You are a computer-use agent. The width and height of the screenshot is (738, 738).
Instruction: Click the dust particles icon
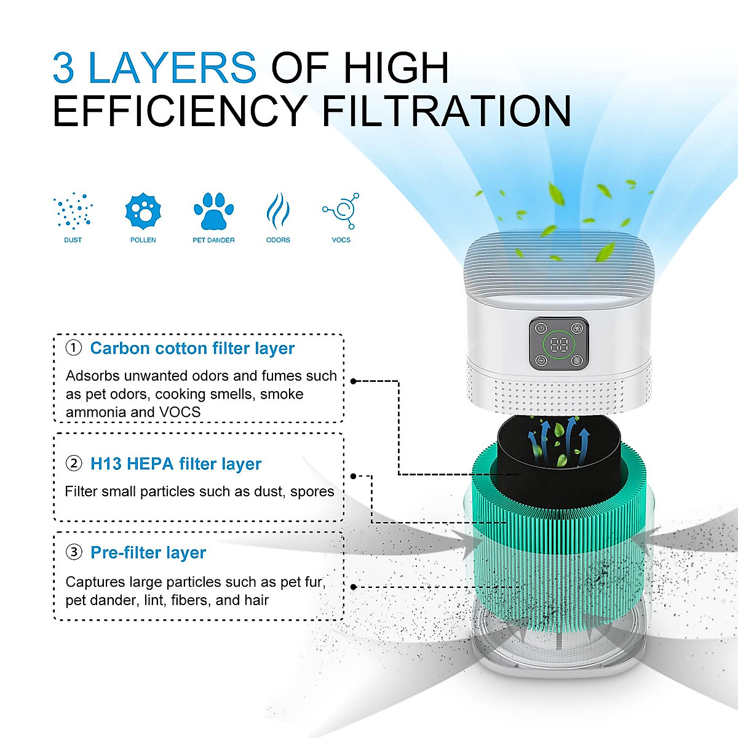[x=73, y=211]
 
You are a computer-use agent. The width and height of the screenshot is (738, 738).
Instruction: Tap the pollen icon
[x=143, y=211]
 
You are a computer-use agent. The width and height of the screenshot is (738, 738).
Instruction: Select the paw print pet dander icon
[x=213, y=211]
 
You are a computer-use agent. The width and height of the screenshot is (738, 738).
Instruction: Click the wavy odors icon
[x=278, y=211]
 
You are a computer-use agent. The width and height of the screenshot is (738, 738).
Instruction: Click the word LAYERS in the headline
[x=172, y=68]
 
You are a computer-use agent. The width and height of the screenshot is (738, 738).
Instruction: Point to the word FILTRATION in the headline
[x=446, y=111]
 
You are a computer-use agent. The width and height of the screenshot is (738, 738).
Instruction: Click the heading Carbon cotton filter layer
[x=192, y=348]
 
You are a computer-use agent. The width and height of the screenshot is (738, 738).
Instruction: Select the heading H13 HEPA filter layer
[x=175, y=464]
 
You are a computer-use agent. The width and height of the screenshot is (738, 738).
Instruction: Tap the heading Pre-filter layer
[x=148, y=552]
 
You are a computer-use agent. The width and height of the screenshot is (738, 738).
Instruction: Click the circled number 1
[x=74, y=348]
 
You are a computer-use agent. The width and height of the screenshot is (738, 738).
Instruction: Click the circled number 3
[x=74, y=552]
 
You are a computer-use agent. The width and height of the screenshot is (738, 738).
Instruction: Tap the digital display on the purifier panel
[x=559, y=344]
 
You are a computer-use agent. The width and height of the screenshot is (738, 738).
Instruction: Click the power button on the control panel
[x=541, y=328]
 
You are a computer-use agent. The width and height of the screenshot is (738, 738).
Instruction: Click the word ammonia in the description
[x=92, y=412]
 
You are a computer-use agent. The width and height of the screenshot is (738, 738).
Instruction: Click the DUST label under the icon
[x=73, y=240]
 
